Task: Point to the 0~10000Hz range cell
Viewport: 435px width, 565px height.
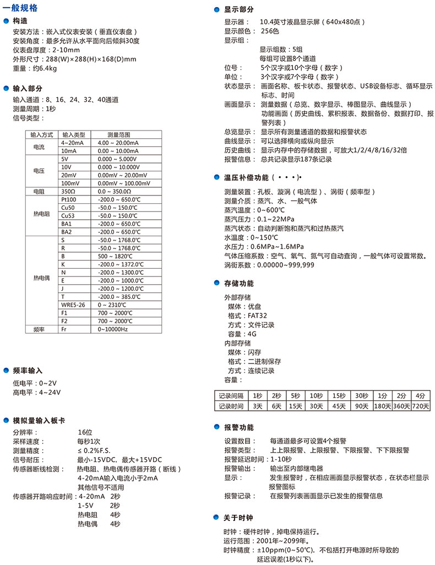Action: [x=113, y=329]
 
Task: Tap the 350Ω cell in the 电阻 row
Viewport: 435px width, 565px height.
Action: [x=69, y=192]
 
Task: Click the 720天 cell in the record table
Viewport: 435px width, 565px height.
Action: [x=421, y=406]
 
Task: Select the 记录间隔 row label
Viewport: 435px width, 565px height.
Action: [x=231, y=395]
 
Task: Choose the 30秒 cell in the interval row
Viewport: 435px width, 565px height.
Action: [x=361, y=395]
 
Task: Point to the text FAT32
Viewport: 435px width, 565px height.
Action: [x=258, y=316]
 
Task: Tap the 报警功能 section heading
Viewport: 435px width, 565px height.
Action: [x=239, y=427]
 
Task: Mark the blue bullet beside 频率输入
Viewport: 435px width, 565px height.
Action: [x=7, y=371]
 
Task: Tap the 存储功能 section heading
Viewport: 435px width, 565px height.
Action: [x=239, y=284]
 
